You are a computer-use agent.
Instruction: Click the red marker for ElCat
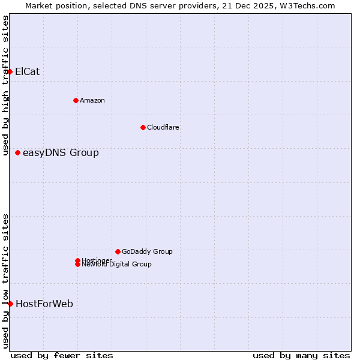[10, 72]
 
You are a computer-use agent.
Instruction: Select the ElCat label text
[27, 72]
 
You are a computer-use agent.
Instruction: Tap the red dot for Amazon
[76, 100]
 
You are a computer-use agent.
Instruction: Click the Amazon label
[92, 100]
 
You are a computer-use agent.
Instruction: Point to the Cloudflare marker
[143, 127]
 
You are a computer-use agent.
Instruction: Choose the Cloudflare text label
[163, 127]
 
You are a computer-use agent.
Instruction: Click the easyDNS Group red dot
[18, 153]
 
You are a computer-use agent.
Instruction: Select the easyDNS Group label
[61, 153]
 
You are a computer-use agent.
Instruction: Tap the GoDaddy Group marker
[118, 251]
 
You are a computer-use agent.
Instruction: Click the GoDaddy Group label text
[147, 251]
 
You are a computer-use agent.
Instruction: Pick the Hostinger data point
[78, 260]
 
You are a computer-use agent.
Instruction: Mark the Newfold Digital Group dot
[78, 265]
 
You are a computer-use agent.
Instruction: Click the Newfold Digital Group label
[116, 265]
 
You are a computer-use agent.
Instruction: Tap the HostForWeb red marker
[10, 304]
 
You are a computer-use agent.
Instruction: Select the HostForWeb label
[44, 304]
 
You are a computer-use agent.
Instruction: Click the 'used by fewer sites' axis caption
[62, 355]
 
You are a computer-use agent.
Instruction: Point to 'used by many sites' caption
[301, 355]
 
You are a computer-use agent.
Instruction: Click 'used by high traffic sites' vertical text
[5, 85]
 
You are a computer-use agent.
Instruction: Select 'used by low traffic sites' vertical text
[5, 281]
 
